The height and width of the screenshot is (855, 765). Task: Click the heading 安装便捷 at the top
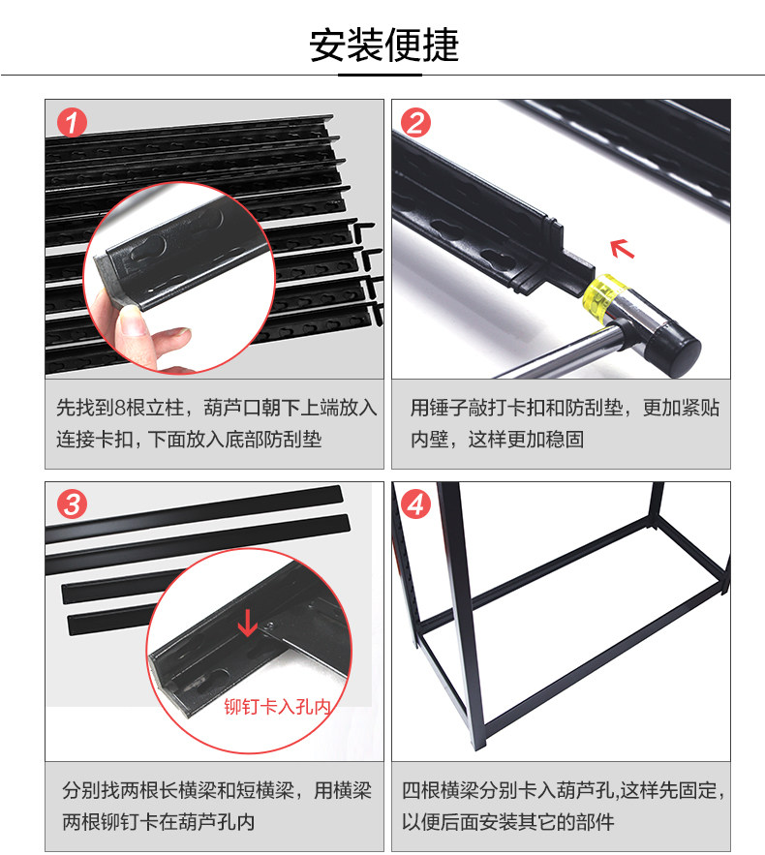pos(383,46)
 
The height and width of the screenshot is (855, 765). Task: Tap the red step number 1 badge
pos(72,122)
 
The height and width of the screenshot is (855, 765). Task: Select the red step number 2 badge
pos(416,122)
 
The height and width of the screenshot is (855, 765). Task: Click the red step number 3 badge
pos(72,504)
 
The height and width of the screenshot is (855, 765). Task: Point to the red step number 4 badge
pos(416,504)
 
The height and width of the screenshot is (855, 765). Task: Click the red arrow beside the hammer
pos(622,249)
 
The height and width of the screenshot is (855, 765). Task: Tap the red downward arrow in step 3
pos(248,624)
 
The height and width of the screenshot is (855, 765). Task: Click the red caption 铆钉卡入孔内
pos(278,707)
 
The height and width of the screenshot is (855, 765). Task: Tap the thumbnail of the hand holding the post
pos(179,278)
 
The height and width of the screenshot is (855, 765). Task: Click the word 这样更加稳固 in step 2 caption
pos(526,440)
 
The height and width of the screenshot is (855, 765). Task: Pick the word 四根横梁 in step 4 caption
pos(441,790)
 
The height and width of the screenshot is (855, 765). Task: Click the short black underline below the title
pos(380,75)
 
